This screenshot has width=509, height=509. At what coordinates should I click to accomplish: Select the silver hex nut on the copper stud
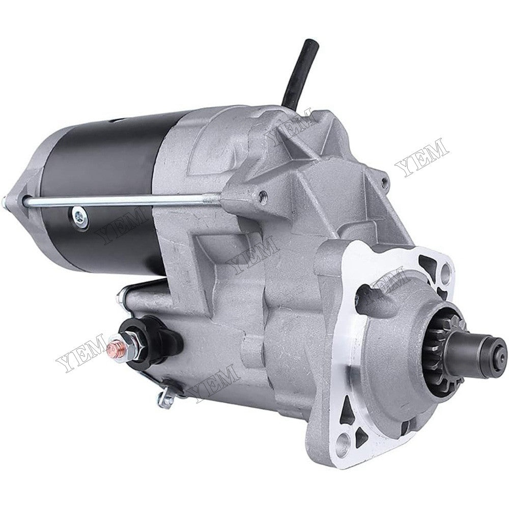[127, 346]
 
